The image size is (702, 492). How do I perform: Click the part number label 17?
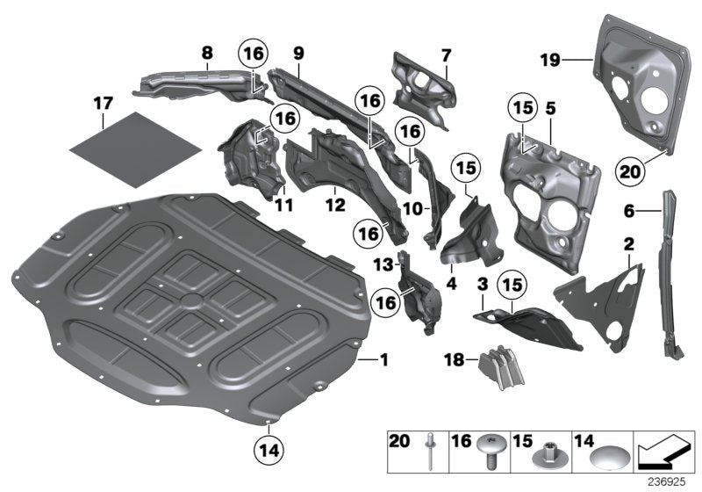pos(103,104)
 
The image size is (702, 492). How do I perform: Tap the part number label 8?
pos(206,53)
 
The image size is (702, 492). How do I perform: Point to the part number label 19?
pos(549,60)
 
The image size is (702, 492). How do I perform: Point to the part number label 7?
pos(446,55)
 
